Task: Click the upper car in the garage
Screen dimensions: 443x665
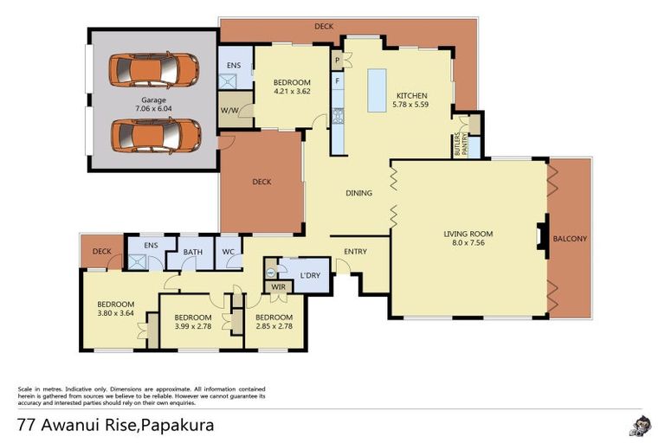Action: tap(155, 69)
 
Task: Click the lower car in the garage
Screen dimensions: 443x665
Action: tap(156, 134)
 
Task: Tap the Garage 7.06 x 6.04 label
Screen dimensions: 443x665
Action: tap(154, 105)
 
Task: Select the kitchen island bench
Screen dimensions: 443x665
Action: tap(377, 90)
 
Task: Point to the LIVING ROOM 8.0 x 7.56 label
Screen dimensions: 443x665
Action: tap(468, 238)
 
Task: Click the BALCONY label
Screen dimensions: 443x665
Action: tap(570, 239)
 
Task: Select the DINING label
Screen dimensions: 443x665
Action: tap(358, 193)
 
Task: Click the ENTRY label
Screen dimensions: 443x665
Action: tap(355, 252)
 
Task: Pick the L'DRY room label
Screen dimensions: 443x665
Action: tap(311, 275)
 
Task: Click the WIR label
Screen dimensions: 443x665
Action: tap(279, 286)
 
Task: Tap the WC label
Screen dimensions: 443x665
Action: tap(229, 252)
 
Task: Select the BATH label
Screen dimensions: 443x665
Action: tap(192, 252)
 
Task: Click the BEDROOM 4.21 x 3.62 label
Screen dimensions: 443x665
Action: tap(292, 87)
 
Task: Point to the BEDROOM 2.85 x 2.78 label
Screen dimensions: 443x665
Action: tap(274, 322)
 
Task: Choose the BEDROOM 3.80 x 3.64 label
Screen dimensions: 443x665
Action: tap(115, 308)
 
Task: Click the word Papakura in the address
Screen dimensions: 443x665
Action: tap(178, 425)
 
